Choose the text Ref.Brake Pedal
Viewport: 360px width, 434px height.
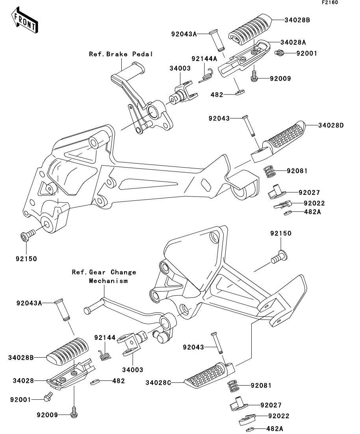(121, 54)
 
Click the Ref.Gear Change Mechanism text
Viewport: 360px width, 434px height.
(104, 277)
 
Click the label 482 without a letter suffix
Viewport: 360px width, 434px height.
(118, 381)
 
